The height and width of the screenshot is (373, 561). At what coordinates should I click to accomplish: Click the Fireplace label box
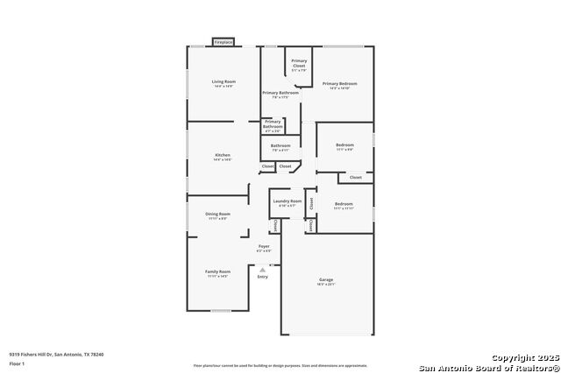(x=224, y=42)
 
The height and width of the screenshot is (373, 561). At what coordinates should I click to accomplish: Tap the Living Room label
(x=224, y=81)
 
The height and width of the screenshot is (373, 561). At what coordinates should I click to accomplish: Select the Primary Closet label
(x=299, y=63)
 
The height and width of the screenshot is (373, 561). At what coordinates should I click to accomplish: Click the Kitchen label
(x=223, y=155)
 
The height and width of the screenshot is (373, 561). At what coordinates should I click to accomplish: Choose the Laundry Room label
(x=287, y=201)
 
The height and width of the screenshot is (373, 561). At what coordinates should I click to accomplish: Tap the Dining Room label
(x=218, y=214)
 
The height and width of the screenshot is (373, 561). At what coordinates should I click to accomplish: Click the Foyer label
(x=263, y=247)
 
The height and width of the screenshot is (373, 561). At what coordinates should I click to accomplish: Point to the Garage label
(x=326, y=279)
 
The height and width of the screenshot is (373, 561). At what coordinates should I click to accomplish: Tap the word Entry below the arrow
(x=262, y=277)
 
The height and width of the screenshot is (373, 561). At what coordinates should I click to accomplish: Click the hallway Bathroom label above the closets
(x=280, y=145)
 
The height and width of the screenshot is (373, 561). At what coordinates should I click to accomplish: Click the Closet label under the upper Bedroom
(x=355, y=178)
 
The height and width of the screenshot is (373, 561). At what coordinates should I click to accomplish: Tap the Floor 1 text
(x=17, y=362)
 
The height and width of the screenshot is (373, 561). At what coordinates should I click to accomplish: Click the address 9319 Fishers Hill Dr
(x=56, y=354)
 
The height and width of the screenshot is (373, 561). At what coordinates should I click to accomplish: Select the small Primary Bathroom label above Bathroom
(x=273, y=123)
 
